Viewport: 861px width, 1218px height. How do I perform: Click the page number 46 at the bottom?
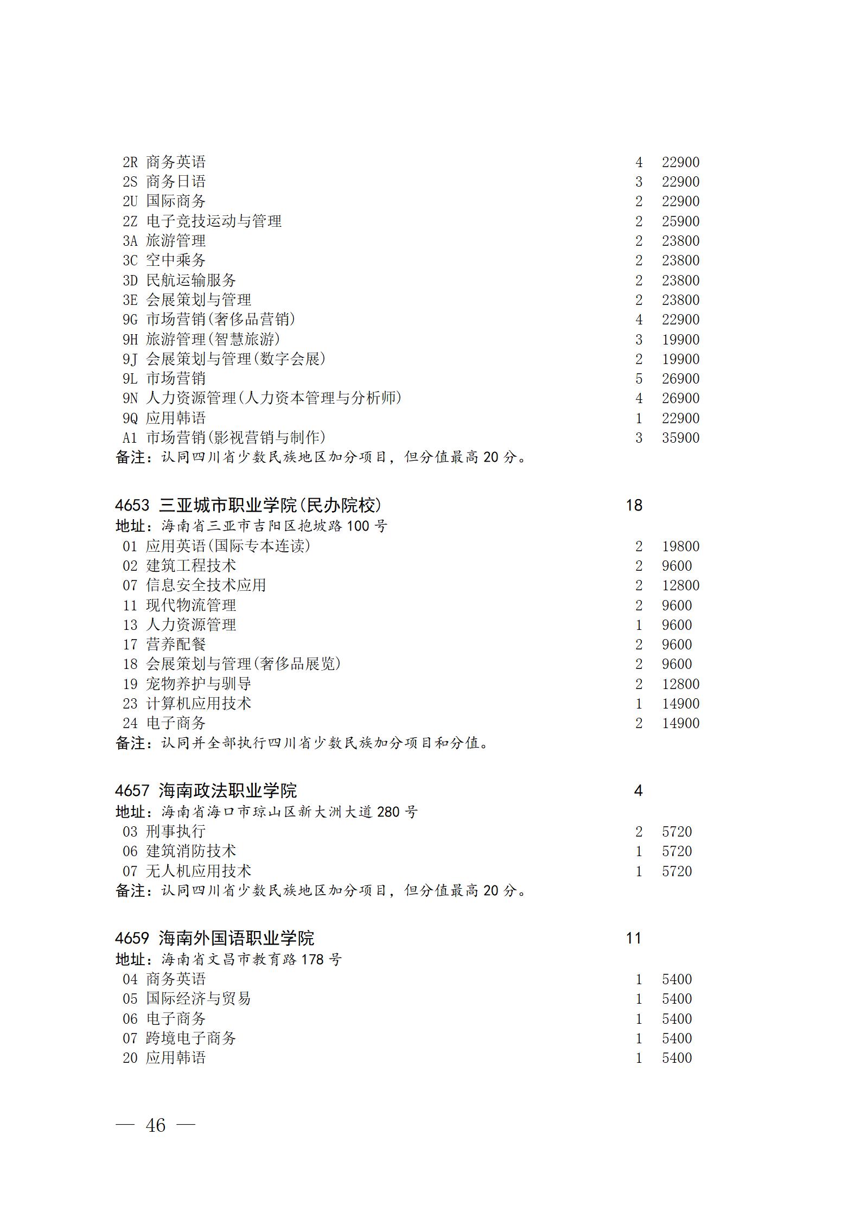(155, 1126)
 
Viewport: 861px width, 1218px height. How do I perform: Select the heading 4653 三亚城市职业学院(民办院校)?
(248, 506)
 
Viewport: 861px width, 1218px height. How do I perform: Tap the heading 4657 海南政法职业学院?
(206, 791)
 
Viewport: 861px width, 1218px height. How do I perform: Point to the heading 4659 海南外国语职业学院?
(214, 938)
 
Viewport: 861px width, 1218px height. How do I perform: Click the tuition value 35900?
(680, 438)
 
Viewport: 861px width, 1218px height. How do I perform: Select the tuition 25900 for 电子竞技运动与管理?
(680, 221)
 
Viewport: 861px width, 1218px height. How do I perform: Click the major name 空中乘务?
(176, 260)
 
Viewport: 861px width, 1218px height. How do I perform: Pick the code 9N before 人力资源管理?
(130, 398)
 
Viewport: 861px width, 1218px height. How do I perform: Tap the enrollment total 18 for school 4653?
(634, 506)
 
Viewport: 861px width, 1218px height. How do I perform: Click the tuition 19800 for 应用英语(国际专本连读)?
(680, 546)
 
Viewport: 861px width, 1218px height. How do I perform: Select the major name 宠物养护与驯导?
(199, 684)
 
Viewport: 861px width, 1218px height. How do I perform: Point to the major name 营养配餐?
(176, 645)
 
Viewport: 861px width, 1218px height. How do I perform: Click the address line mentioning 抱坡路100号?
(251, 526)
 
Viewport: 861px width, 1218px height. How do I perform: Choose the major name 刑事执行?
(176, 832)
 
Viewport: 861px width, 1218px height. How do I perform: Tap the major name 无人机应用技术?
(199, 871)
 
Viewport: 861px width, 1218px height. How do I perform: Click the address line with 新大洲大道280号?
(266, 812)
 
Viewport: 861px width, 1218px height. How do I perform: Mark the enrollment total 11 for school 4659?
(634, 938)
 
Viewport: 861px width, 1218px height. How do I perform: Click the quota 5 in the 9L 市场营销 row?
(639, 379)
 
